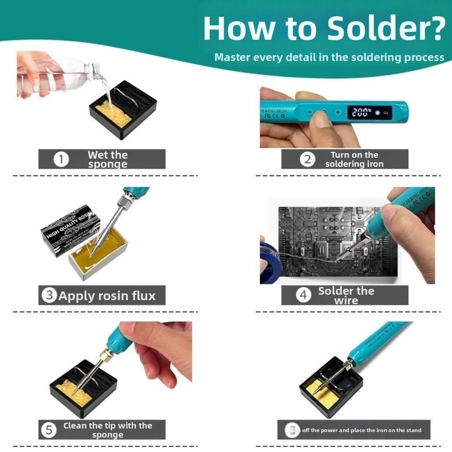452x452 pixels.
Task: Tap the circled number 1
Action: (x=61, y=160)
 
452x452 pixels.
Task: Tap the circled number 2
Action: (x=307, y=160)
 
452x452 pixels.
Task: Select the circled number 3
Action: (x=49, y=296)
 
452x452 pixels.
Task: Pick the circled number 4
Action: (x=303, y=295)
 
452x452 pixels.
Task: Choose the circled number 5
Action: (x=48, y=430)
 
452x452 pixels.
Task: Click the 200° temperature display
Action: (x=362, y=112)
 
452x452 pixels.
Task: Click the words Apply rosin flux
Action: (x=107, y=296)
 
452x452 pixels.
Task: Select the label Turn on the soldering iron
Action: (x=354, y=160)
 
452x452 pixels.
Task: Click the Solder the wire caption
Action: (x=346, y=296)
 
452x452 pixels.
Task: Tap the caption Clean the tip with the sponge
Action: (x=108, y=430)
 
